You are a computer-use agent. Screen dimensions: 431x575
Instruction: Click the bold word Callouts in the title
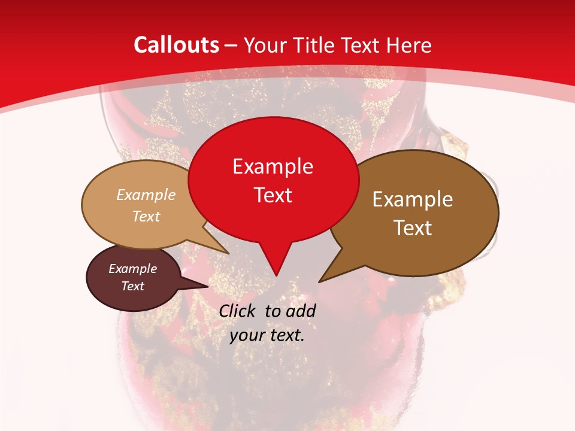coord(176,45)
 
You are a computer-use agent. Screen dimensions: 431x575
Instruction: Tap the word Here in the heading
coord(410,45)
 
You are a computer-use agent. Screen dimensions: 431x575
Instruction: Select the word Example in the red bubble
coord(273,166)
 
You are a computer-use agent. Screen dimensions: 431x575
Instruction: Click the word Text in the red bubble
coord(273,195)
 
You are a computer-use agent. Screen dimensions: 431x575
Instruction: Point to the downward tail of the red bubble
coord(276,266)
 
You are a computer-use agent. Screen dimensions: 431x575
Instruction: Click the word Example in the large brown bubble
coord(413,199)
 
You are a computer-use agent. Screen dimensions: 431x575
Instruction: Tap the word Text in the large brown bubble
coord(413,228)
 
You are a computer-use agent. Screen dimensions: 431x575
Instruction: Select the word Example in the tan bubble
coord(146,195)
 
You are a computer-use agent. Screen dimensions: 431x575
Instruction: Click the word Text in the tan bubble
coord(146,216)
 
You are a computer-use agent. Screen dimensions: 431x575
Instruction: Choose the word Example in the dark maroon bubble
coord(132,269)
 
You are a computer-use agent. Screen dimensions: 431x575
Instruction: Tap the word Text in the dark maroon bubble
coord(132,286)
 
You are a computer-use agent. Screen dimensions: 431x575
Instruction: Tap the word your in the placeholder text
coord(246,335)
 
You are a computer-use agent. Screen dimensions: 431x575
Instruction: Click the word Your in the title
coord(265,45)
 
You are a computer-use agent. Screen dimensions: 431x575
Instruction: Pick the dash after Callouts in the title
coord(232,45)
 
